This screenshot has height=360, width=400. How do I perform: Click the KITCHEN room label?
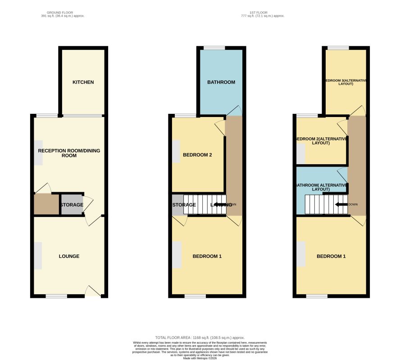click(83, 82)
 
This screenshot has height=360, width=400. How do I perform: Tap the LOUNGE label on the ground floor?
click(69, 256)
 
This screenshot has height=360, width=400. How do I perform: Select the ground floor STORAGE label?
click(72, 205)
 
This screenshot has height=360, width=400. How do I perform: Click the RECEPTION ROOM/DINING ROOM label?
click(69, 153)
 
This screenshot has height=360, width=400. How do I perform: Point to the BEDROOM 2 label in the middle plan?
click(197, 155)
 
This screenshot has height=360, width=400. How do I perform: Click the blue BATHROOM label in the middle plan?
click(221, 82)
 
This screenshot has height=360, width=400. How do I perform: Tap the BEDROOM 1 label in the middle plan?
click(207, 256)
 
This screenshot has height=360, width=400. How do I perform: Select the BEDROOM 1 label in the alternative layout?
click(331, 256)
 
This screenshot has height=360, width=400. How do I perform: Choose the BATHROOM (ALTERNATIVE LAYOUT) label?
click(321, 187)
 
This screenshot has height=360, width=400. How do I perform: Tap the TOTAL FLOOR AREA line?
click(200, 337)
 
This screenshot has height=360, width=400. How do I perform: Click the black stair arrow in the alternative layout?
click(341, 205)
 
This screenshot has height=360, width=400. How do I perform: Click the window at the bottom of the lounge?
click(56, 296)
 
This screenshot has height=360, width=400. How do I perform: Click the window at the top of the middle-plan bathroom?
click(214, 48)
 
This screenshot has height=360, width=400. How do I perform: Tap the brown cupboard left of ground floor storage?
click(46, 205)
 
